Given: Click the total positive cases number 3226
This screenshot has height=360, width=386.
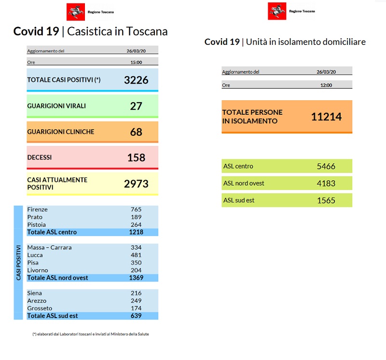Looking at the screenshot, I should [x=136, y=80].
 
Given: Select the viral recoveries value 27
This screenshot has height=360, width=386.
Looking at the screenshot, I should [x=136, y=106].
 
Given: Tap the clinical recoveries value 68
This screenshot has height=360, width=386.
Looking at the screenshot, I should [x=136, y=132].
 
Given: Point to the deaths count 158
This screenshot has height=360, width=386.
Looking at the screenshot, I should [x=136, y=158].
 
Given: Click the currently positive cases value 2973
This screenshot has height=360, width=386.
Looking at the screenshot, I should [x=136, y=183].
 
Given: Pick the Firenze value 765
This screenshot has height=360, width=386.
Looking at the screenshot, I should [x=136, y=210].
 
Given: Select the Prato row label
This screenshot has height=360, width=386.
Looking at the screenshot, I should [x=35, y=217].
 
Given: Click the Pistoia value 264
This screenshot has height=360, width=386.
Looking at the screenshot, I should [x=136, y=225].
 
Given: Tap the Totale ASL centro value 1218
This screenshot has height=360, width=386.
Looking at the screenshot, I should [x=136, y=232].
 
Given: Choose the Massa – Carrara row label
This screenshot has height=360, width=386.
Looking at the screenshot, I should [x=49, y=248].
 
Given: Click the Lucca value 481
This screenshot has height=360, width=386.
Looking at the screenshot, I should [x=136, y=255].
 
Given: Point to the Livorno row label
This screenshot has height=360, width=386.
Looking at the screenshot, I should [x=38, y=270].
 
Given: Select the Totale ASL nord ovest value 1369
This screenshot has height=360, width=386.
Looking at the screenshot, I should [x=136, y=278].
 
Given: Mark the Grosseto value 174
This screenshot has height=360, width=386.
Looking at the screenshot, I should [x=136, y=308].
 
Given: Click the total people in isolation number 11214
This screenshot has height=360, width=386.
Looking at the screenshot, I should [x=326, y=116].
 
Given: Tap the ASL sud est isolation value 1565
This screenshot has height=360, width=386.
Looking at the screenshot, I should [x=326, y=200].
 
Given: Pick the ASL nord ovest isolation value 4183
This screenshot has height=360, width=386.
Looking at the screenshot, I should [x=326, y=184].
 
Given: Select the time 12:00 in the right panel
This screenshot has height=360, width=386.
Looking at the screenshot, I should [x=326, y=85].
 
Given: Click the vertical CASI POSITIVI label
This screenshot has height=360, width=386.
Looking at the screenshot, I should [x=18, y=263].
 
